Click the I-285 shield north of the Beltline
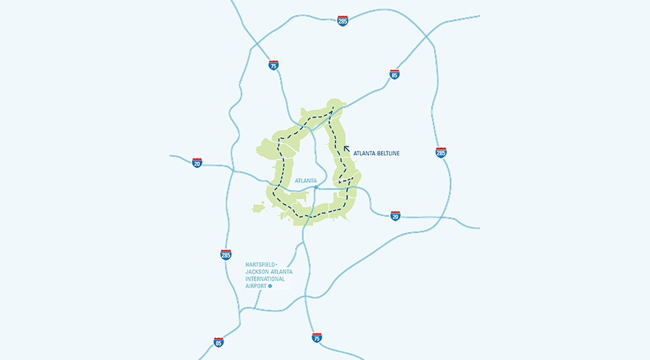point(343,21)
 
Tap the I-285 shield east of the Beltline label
point(441,152)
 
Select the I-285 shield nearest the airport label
point(225,255)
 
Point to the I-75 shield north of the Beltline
point(273,65)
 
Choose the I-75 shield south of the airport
point(316,337)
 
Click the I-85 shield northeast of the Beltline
point(395,74)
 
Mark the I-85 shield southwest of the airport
point(218,342)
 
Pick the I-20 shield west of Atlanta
point(197,163)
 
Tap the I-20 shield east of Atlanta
point(395,215)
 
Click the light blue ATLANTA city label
point(305,181)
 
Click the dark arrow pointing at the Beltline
point(346,149)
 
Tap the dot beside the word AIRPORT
point(270,286)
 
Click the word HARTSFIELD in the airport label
point(260,265)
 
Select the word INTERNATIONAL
point(265,279)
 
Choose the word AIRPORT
point(255,286)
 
